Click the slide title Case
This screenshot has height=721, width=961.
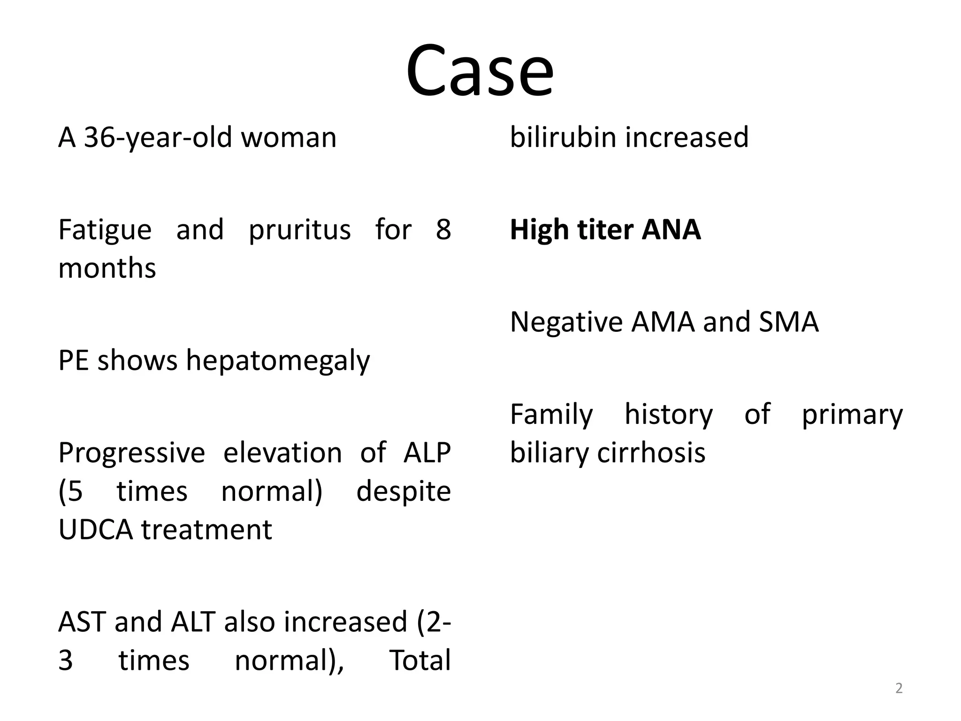(x=480, y=71)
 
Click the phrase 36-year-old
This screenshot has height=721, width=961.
(x=158, y=138)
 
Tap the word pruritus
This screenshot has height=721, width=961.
(x=299, y=230)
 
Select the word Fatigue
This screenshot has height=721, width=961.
(x=105, y=230)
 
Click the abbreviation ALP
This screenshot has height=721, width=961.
(x=427, y=453)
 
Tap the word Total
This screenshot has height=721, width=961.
(x=419, y=660)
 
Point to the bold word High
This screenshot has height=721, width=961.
(x=539, y=230)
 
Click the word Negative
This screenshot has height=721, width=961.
(x=566, y=322)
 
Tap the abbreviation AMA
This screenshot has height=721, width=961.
(x=662, y=322)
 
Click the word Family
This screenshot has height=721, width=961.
(x=551, y=415)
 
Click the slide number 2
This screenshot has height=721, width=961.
(x=899, y=689)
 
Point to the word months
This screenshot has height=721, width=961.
(x=107, y=268)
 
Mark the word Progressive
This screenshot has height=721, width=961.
(x=131, y=453)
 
